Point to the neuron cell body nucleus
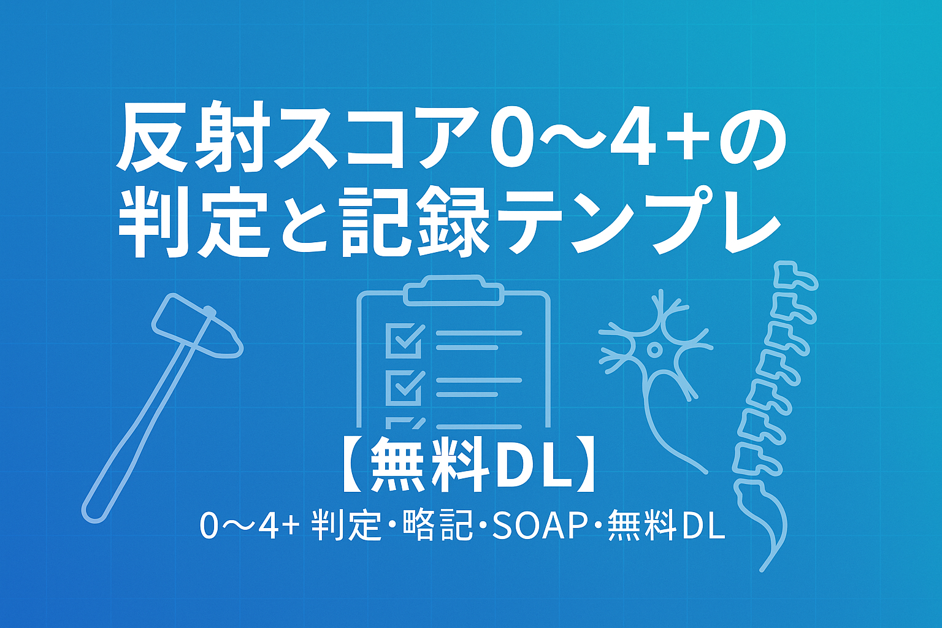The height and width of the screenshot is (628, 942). click(653, 349)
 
